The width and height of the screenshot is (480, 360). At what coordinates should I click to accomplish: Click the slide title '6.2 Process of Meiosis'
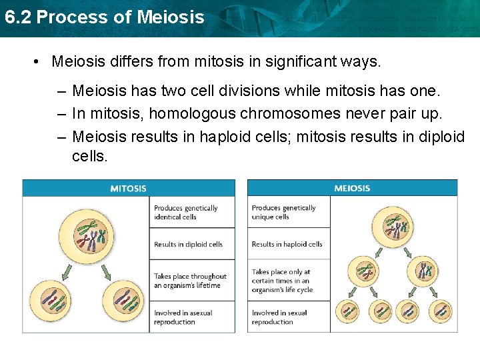pyautogui.click(x=104, y=17)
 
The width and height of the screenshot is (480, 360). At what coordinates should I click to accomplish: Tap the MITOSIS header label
pyautogui.click(x=128, y=188)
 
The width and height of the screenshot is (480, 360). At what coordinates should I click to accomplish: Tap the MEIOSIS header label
pyautogui.click(x=352, y=188)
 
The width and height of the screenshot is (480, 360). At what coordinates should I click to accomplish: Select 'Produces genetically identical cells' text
pyautogui.click(x=186, y=213)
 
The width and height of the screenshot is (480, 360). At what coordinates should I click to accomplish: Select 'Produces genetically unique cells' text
pyautogui.click(x=283, y=213)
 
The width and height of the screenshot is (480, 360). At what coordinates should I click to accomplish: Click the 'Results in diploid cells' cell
pyautogui.click(x=188, y=245)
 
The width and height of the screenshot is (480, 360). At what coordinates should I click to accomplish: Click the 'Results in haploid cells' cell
pyautogui.click(x=287, y=245)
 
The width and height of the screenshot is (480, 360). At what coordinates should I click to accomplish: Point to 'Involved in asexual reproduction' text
pyautogui.click(x=183, y=317)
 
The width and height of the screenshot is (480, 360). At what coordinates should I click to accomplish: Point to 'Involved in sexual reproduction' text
pyautogui.click(x=279, y=317)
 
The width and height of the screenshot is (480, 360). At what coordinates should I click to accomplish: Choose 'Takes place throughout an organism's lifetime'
pyautogui.click(x=190, y=281)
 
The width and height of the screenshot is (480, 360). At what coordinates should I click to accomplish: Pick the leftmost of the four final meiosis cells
pyautogui.click(x=349, y=311)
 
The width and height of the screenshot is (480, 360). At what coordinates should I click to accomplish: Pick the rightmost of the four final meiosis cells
pyautogui.click(x=441, y=311)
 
